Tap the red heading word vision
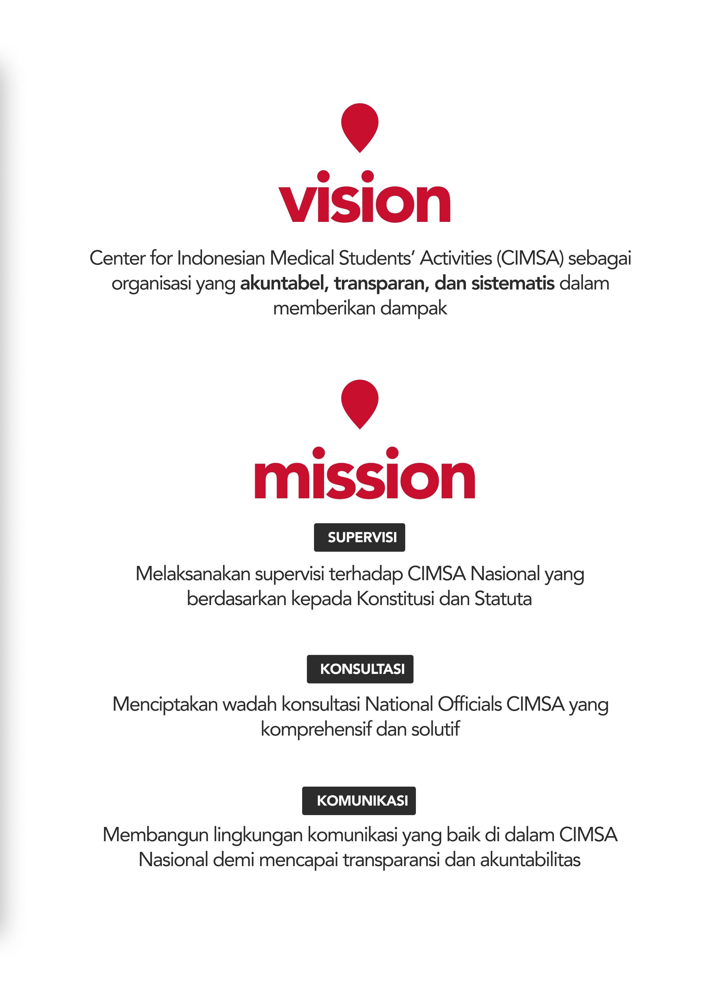click(x=364, y=200)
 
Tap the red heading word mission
click(x=364, y=476)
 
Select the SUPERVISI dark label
click(x=359, y=537)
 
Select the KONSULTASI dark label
click(x=360, y=669)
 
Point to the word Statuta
click(x=503, y=599)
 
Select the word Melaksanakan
click(x=193, y=574)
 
